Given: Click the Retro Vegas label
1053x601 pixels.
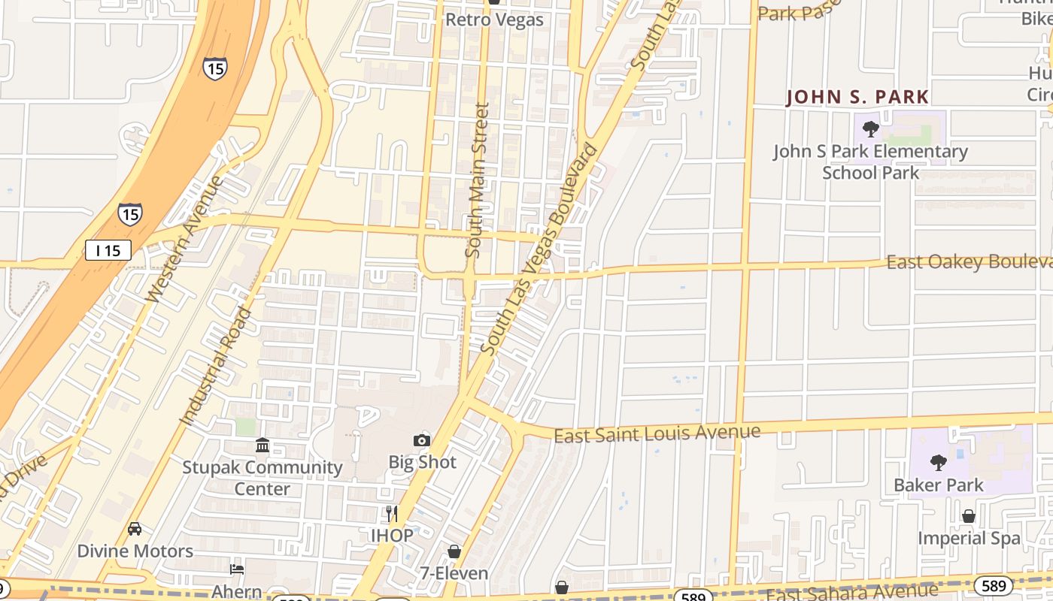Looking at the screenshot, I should [x=494, y=20].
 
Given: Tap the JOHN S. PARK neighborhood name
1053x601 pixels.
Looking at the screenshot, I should [x=857, y=97].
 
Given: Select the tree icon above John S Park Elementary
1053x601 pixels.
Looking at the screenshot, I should [x=871, y=129].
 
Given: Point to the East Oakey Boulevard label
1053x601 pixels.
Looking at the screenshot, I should [x=969, y=261].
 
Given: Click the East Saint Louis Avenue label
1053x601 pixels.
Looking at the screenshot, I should [x=657, y=433].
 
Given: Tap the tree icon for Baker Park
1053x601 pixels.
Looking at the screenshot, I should [x=938, y=462].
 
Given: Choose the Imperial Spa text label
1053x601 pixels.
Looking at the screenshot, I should [x=969, y=538].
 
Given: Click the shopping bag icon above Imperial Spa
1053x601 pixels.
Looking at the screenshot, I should [x=969, y=516].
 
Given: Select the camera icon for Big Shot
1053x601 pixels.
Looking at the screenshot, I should [x=422, y=440].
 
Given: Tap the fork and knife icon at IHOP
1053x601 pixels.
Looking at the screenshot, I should [x=391, y=514].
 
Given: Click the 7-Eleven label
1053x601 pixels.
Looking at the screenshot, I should [x=454, y=573].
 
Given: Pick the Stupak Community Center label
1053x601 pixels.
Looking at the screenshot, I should [x=262, y=478].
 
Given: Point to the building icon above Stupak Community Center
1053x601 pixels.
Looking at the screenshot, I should [x=262, y=445].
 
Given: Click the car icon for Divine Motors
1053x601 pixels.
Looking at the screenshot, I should [x=135, y=529].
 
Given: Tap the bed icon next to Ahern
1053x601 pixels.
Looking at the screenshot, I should [x=237, y=569].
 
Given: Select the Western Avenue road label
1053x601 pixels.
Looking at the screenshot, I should [x=185, y=239].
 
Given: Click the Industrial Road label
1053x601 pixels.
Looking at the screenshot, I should [x=217, y=366].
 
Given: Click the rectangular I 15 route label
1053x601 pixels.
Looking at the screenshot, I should [x=108, y=250].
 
